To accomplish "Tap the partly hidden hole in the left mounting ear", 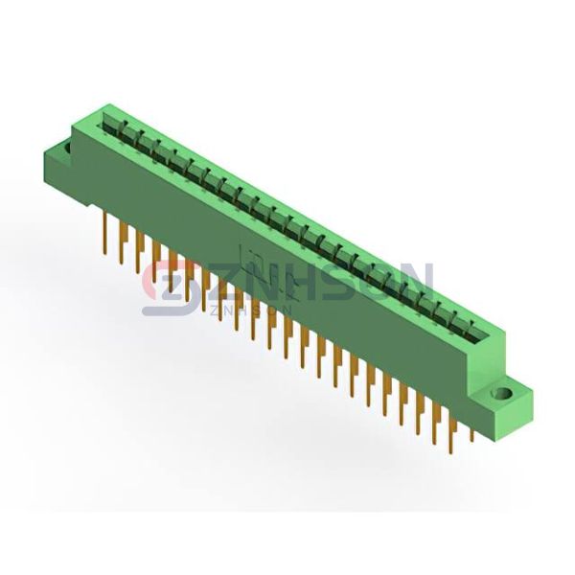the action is point(68,147).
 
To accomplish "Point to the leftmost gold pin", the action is point(105,233).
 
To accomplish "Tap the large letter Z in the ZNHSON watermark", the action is point(228,284).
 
